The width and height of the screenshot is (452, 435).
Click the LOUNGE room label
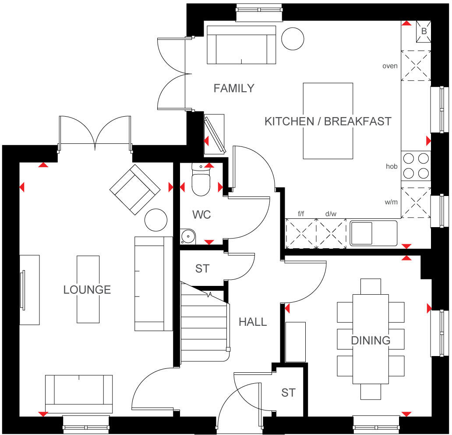87,290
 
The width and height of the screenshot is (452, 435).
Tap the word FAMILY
233,88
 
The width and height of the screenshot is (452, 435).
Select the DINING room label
370,340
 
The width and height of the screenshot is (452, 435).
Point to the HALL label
253,322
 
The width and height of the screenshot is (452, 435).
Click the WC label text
201,215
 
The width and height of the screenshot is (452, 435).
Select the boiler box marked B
424,32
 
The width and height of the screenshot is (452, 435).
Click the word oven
390,66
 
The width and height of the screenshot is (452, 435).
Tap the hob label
391,166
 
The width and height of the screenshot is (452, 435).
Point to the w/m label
391,202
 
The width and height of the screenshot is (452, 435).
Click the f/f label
301,214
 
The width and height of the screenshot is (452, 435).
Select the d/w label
331,214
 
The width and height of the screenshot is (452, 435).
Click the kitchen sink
373,233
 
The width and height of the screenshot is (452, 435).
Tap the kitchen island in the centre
328,121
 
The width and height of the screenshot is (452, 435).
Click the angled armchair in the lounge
134,189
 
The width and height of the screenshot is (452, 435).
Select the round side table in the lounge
155,220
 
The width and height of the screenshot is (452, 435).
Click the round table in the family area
292,39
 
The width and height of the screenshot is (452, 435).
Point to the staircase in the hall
205,324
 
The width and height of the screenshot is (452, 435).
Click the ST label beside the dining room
288,392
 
